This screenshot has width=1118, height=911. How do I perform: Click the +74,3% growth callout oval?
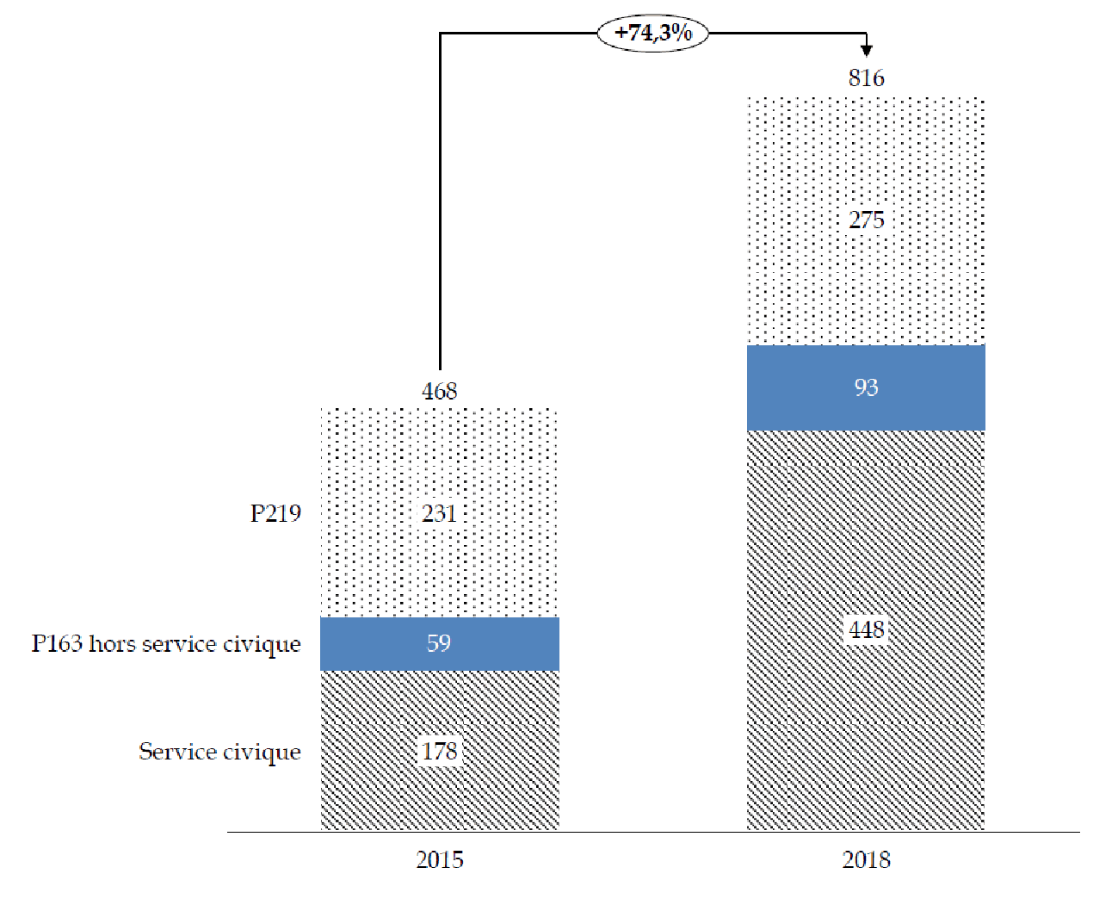tap(653, 34)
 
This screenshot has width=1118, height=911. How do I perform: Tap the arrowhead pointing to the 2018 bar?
tap(866, 50)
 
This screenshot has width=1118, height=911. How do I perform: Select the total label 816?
tap(866, 78)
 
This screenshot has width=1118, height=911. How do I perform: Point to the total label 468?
tap(439, 391)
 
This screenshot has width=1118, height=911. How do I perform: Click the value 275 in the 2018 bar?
tap(866, 220)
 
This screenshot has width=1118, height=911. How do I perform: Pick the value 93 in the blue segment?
tap(866, 387)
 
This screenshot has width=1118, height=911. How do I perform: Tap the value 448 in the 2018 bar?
tap(866, 630)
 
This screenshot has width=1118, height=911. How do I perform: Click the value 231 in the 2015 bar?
tap(439, 514)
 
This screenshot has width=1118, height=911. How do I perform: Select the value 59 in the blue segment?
tap(439, 643)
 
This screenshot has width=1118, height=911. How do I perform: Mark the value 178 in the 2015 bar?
tap(439, 752)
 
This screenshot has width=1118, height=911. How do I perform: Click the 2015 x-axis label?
tap(439, 859)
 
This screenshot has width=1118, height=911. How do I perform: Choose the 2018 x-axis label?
tap(866, 859)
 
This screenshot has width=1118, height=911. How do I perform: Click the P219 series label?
tap(275, 514)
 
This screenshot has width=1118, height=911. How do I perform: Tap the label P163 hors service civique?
tap(166, 644)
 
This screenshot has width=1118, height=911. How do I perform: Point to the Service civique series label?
tap(219, 752)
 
